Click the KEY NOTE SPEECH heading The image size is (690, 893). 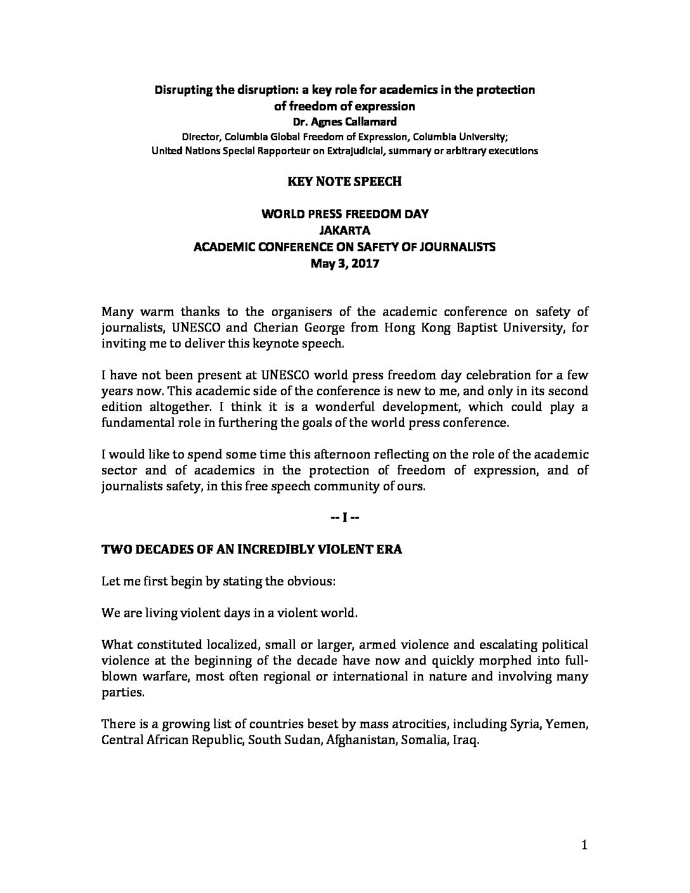pyautogui.click(x=345, y=181)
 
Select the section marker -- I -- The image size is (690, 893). pyautogui.click(x=345, y=518)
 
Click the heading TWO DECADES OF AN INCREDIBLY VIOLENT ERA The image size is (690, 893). pyautogui.click(x=252, y=550)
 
